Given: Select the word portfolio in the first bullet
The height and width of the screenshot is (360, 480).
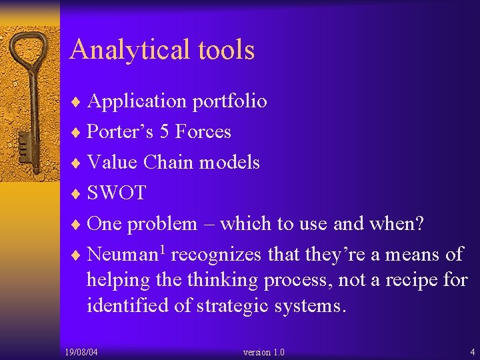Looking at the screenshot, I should tap(229, 101).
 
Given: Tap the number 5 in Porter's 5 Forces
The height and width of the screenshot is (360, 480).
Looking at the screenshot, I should tap(164, 132).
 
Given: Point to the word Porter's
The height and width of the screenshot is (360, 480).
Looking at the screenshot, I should tap(120, 132).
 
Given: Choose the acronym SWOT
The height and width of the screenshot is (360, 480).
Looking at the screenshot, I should tap(117, 193).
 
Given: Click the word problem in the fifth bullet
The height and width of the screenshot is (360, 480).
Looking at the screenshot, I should tap(162, 223).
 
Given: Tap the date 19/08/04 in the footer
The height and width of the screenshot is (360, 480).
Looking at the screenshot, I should tap(81, 352).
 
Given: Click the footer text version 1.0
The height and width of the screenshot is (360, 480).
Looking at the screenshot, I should tap(264, 352).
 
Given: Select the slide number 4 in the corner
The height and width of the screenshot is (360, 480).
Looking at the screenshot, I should tap(472, 352).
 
